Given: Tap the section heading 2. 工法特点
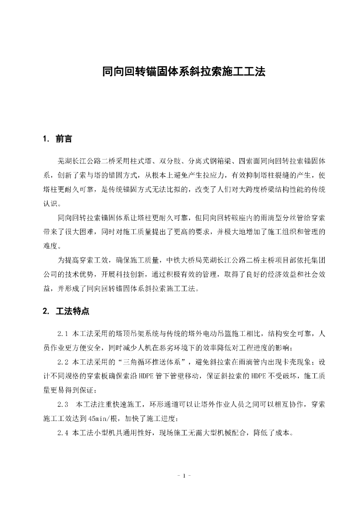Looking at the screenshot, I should pyautogui.click(x=66, y=312).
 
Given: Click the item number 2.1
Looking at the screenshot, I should pyautogui.click(x=64, y=333).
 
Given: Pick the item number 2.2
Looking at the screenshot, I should pyautogui.click(x=64, y=361).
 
